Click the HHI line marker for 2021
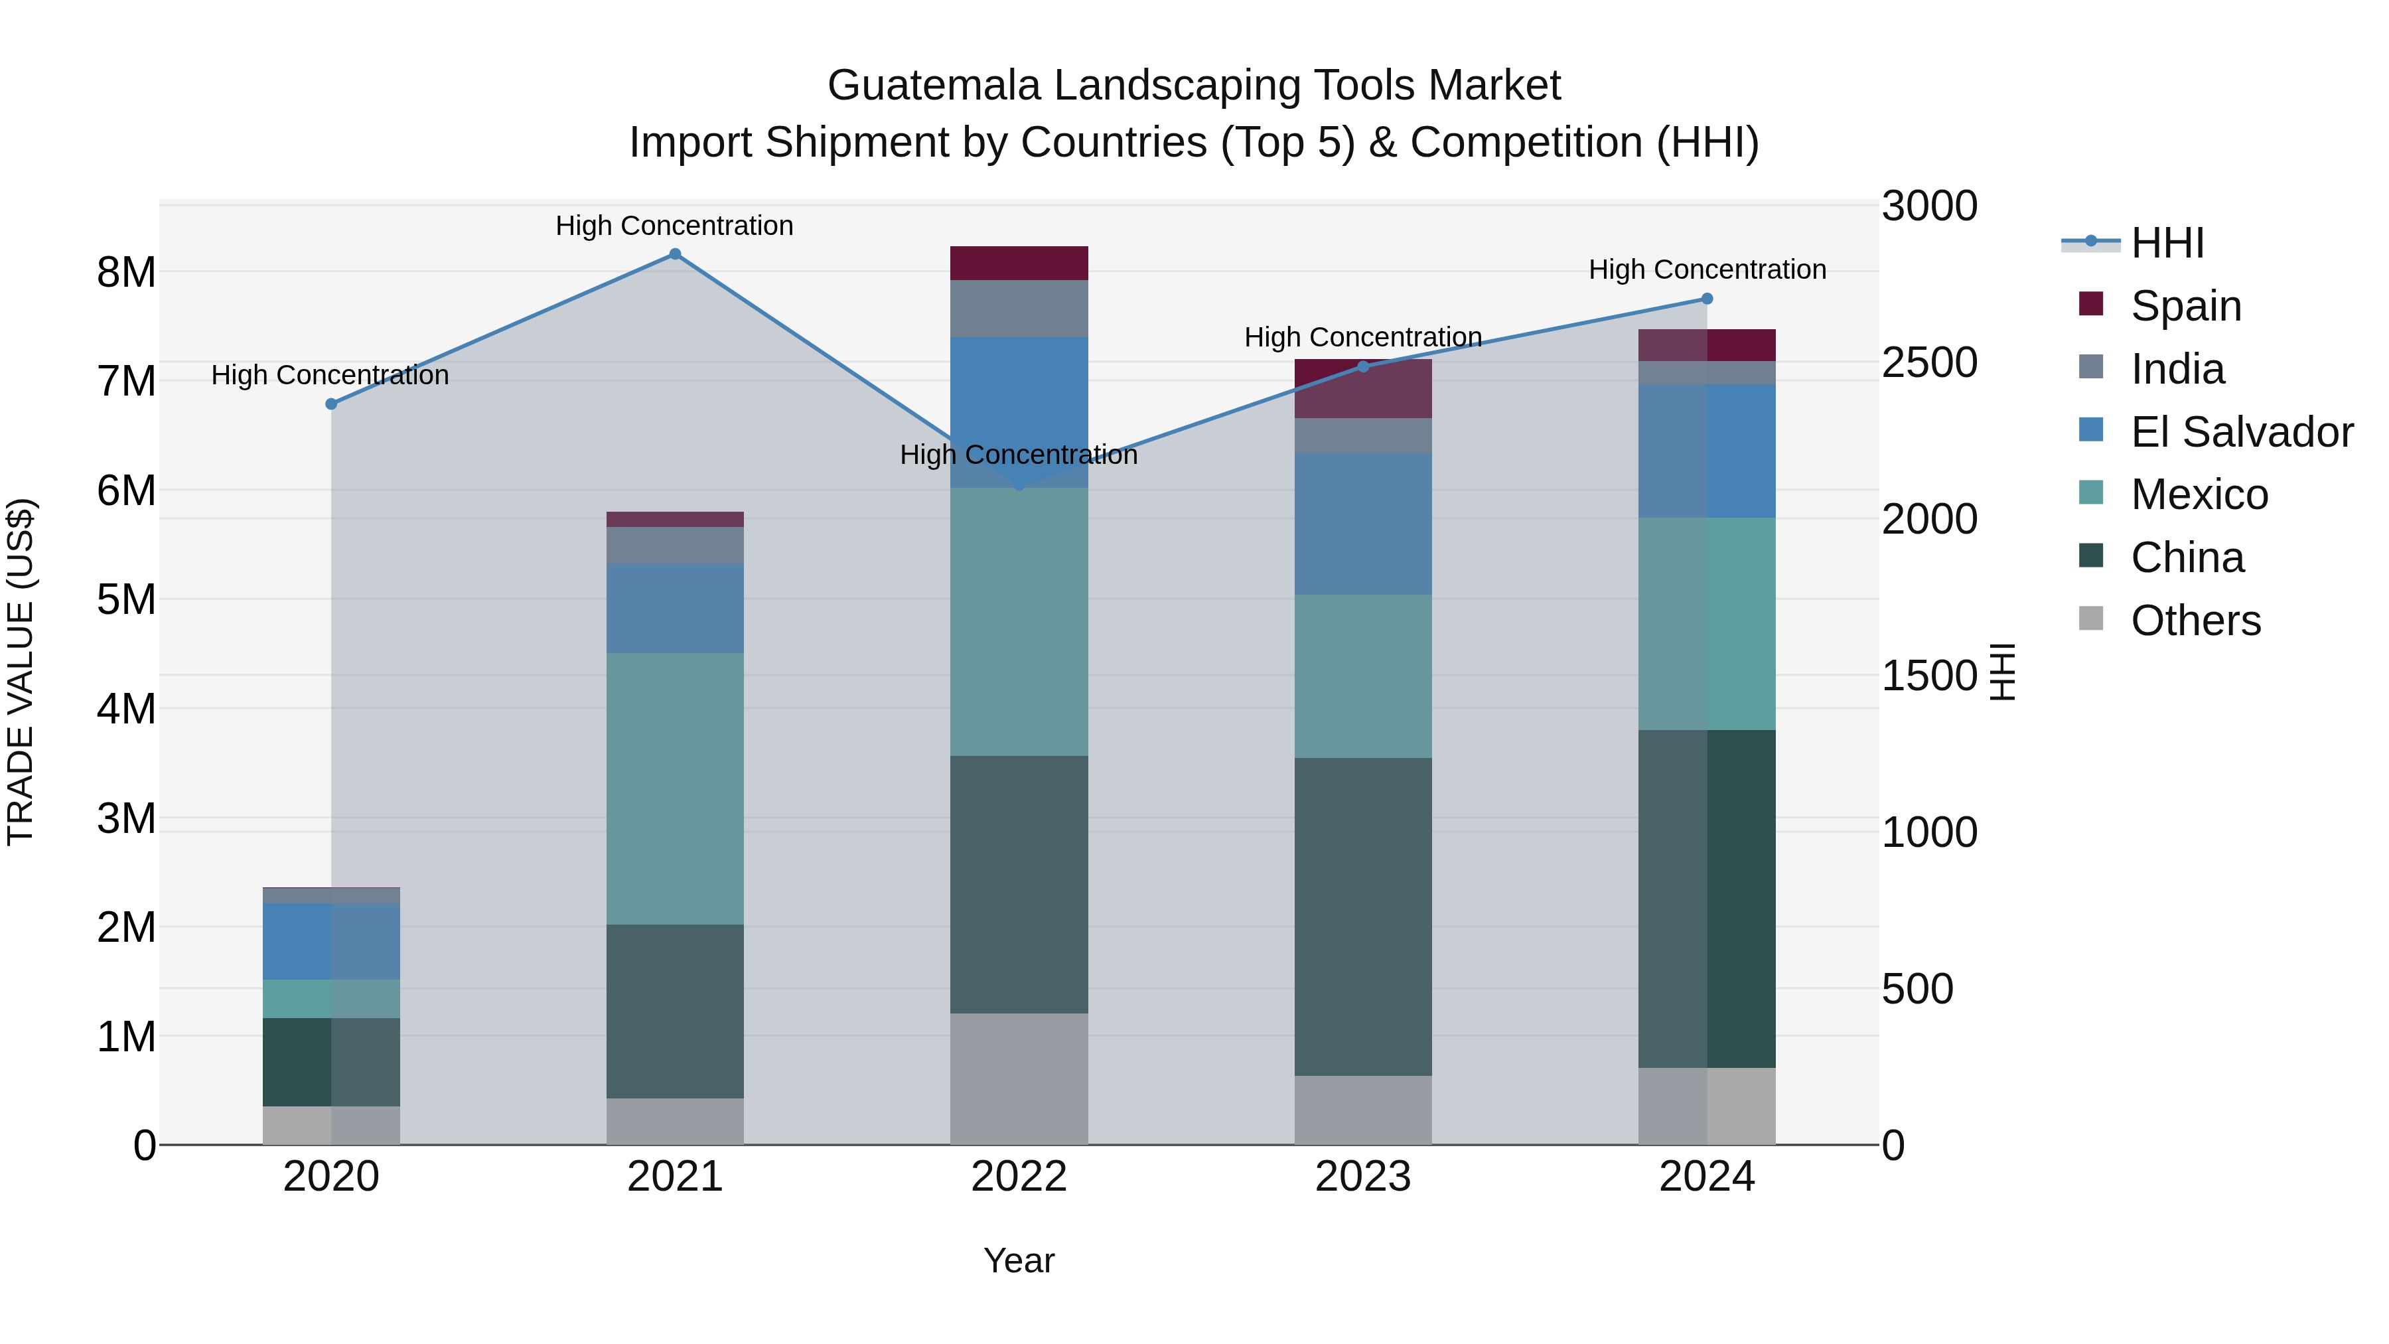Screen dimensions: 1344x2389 tap(675, 254)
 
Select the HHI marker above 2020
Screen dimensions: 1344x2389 tap(331, 404)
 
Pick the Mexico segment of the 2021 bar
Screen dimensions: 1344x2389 tap(675, 788)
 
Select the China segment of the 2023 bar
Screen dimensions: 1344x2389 tap(1362, 917)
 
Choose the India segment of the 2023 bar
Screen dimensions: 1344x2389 tap(1362, 436)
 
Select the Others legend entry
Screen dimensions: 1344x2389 tap(2195, 621)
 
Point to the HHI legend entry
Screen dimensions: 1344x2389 tap(2167, 243)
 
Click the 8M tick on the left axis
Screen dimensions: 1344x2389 tap(126, 273)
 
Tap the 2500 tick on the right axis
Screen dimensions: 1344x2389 tap(1929, 362)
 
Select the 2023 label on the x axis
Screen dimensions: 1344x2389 tap(1362, 1177)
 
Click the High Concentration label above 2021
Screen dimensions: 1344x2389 tap(674, 226)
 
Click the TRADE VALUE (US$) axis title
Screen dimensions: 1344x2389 tap(21, 672)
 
